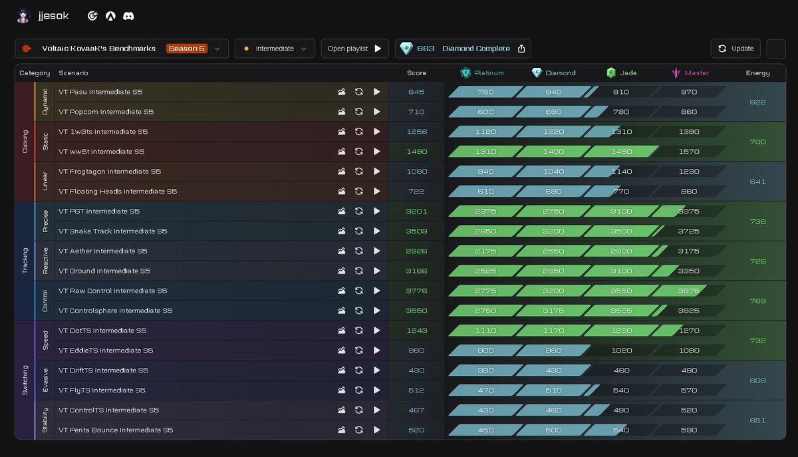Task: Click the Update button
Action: point(735,49)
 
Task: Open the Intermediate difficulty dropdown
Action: point(275,49)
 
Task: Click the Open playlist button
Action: point(354,49)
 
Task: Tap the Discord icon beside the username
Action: point(128,16)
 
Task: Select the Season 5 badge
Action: point(187,49)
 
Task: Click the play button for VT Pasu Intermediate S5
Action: point(377,92)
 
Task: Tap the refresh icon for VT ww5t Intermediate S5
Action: point(358,152)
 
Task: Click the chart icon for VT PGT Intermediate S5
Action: point(341,212)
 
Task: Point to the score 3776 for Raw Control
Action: point(416,291)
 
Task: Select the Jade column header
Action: point(622,73)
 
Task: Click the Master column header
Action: point(690,73)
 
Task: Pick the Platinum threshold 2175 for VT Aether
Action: point(485,251)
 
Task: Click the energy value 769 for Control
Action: point(757,301)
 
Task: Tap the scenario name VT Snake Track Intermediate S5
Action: point(112,231)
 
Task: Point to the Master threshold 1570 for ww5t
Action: point(689,152)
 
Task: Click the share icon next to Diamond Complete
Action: point(521,49)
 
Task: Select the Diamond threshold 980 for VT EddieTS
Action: point(553,351)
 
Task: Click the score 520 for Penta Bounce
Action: point(416,430)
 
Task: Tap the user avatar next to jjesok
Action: point(23,16)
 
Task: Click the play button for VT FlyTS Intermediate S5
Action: point(377,390)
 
